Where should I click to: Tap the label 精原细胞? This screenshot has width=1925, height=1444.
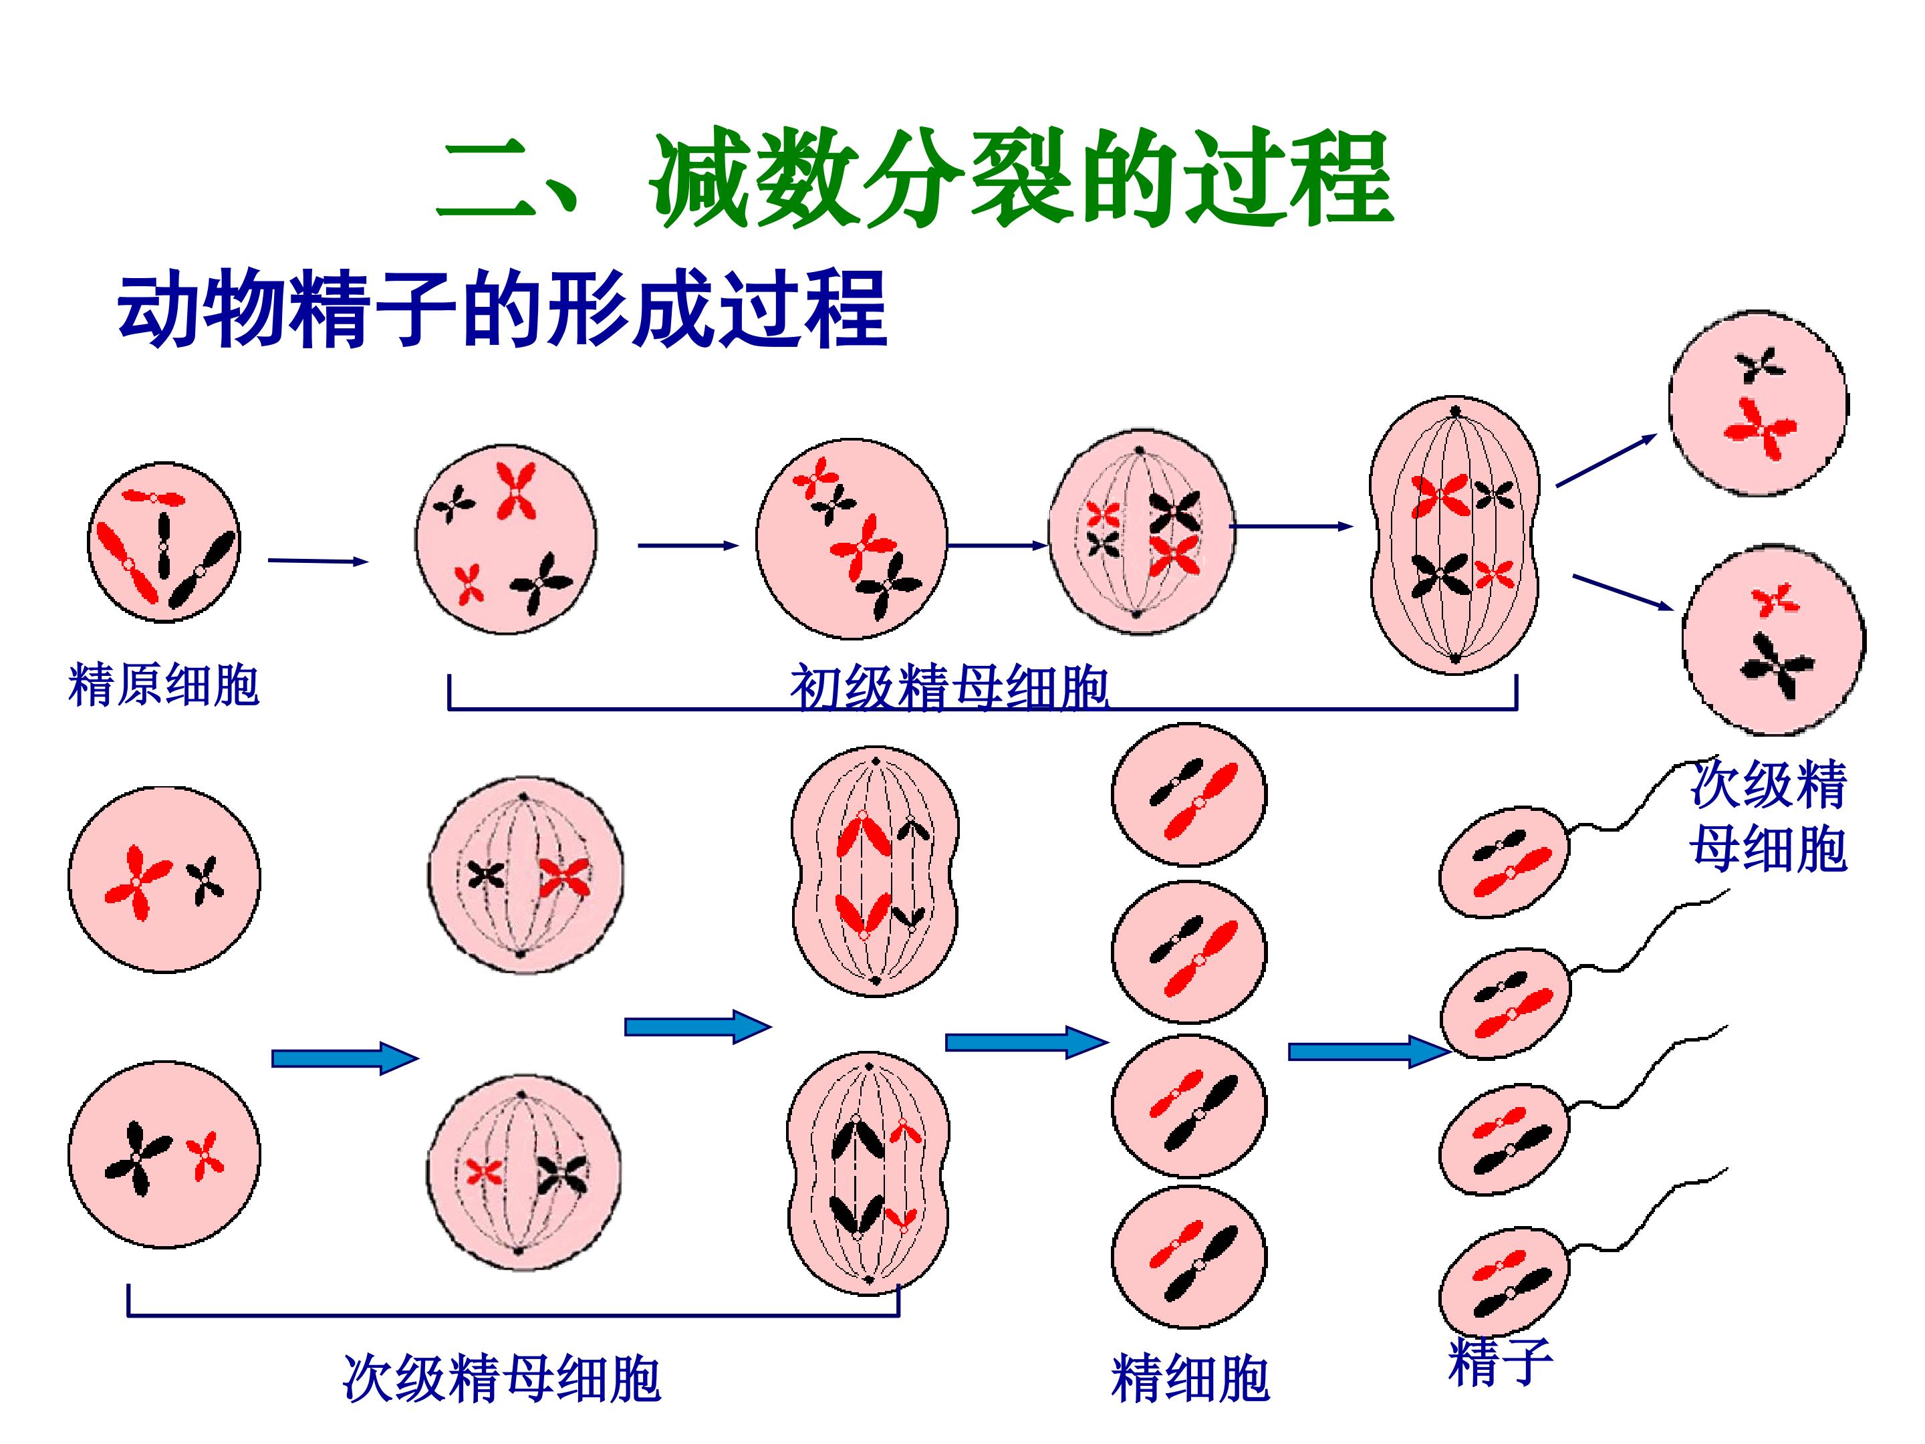click(x=164, y=685)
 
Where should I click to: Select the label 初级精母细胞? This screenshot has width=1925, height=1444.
click(x=948, y=688)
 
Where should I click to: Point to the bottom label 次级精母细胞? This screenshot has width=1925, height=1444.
click(x=501, y=1378)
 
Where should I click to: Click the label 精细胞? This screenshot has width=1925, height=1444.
click(x=1190, y=1378)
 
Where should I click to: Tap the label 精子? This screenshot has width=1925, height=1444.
click(x=1499, y=1362)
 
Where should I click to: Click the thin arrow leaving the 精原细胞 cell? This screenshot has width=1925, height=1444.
click(x=317, y=562)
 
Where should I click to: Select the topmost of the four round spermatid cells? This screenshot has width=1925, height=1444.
click(x=1189, y=795)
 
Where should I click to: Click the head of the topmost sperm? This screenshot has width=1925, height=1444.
click(x=1505, y=862)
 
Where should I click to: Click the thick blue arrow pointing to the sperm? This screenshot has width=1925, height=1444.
click(x=1366, y=1052)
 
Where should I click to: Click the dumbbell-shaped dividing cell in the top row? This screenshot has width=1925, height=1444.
click(x=1454, y=535)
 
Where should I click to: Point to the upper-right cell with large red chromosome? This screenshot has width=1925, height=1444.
click(x=1758, y=404)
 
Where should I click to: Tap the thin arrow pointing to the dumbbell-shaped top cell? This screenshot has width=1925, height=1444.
click(x=1291, y=527)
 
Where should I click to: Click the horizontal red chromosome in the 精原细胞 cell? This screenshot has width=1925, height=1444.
click(x=153, y=497)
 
